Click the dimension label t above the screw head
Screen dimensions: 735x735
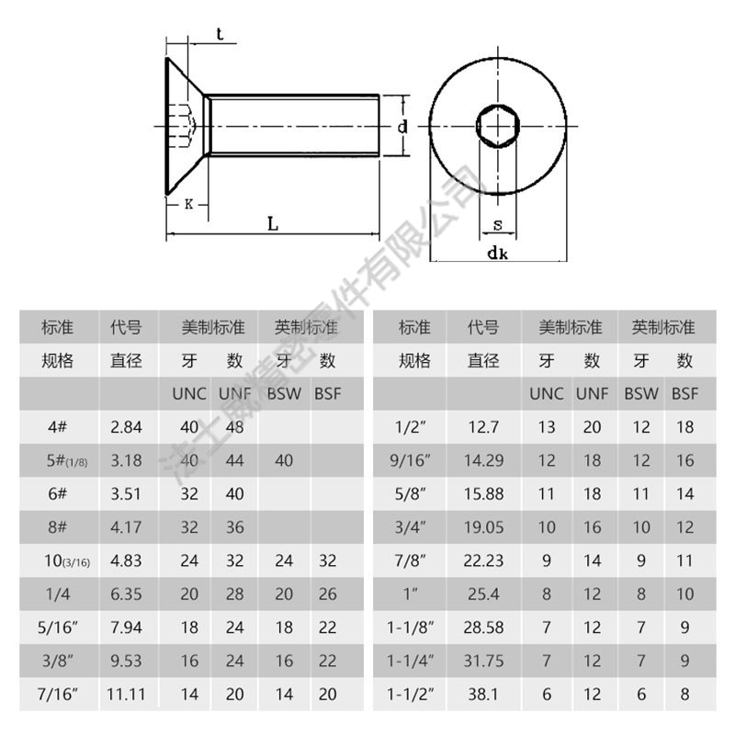[220, 34]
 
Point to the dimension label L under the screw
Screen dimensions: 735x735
[273, 223]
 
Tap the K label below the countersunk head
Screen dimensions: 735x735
[188, 204]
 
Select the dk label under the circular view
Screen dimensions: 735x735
[497, 253]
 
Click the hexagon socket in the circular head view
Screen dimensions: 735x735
[498, 126]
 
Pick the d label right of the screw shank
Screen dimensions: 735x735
[402, 126]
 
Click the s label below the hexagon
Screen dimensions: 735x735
[498, 225]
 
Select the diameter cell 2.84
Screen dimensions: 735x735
[126, 427]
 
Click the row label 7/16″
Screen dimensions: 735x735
[58, 694]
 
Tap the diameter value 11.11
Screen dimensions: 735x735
[126, 695]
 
